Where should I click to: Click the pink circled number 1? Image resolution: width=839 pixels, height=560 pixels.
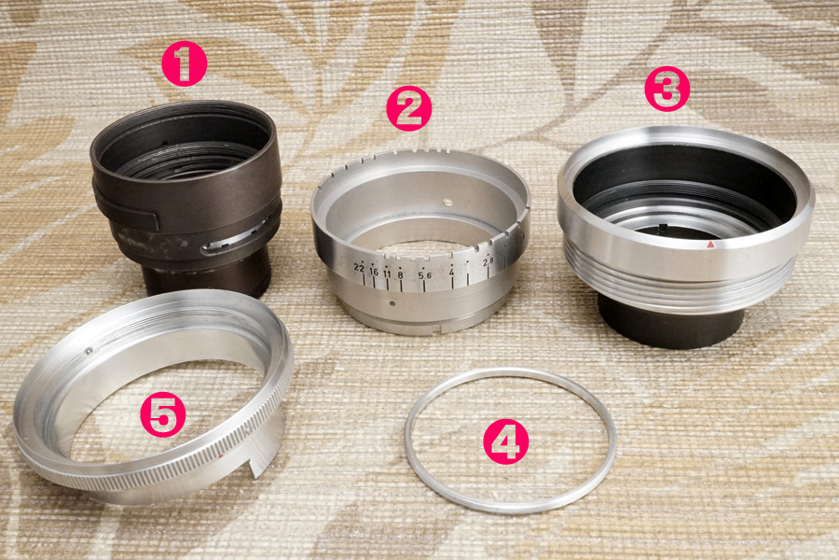tap(184, 64)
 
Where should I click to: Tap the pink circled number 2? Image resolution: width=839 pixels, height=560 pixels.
tap(409, 109)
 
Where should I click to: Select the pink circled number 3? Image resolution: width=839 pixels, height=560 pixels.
tap(667, 89)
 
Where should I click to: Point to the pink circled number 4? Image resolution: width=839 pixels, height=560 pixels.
tap(505, 441)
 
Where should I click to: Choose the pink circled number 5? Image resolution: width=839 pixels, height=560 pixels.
tap(163, 414)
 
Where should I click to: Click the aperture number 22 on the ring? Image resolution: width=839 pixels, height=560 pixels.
tap(359, 268)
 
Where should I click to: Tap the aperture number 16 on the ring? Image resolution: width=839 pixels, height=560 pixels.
tap(374, 272)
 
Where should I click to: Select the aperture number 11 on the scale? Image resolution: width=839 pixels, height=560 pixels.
tap(387, 273)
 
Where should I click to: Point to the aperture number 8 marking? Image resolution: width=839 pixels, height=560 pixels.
tap(400, 275)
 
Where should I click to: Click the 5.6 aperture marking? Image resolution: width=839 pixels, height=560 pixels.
tap(425, 275)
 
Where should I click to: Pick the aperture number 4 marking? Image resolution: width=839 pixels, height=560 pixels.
tap(451, 273)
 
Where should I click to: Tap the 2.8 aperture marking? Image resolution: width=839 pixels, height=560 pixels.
tap(488, 262)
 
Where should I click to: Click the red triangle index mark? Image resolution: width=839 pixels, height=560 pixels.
tap(710, 245)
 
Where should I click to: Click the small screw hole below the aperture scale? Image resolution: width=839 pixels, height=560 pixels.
tap(392, 304)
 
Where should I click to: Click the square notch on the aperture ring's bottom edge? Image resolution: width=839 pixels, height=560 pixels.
tap(438, 329)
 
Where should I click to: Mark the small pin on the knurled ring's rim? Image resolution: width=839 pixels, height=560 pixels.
tap(89, 351)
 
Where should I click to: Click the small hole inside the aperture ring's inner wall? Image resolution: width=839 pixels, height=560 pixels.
tap(447, 203)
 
